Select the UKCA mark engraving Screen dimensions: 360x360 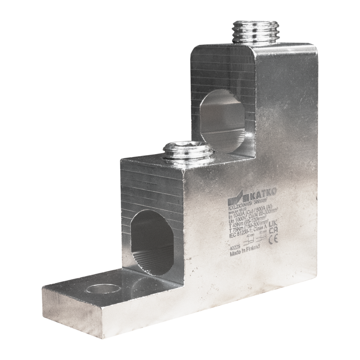pos(272,227)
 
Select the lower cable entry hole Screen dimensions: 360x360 pos(147,243)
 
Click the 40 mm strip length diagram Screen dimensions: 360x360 pos(250,242)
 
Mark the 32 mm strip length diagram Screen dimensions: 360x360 pos(261,239)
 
